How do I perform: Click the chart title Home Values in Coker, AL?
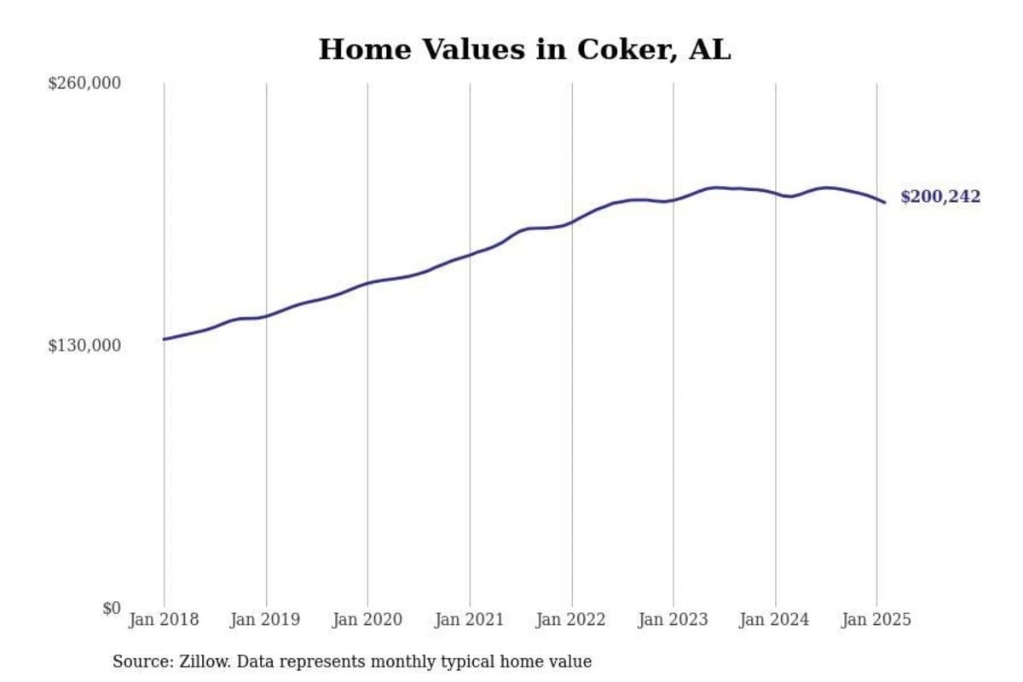click(x=524, y=49)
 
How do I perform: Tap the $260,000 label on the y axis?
click(x=84, y=84)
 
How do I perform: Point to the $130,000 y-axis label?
click(x=84, y=345)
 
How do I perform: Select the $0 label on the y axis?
click(x=111, y=608)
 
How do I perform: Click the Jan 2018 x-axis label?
click(x=164, y=620)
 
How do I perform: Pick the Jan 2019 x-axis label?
click(x=265, y=620)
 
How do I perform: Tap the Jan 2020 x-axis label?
click(x=367, y=620)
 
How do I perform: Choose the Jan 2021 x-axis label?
click(x=469, y=620)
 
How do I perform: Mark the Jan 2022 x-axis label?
click(x=571, y=620)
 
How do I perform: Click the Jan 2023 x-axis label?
click(x=673, y=620)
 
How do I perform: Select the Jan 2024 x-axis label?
click(x=775, y=620)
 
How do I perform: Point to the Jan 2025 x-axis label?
click(x=876, y=620)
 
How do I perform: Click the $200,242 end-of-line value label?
click(x=940, y=198)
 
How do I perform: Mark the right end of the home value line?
click(x=885, y=202)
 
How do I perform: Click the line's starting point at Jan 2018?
click(x=164, y=339)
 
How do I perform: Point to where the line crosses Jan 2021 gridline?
click(x=470, y=254)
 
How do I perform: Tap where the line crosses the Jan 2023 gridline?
click(x=673, y=200)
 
